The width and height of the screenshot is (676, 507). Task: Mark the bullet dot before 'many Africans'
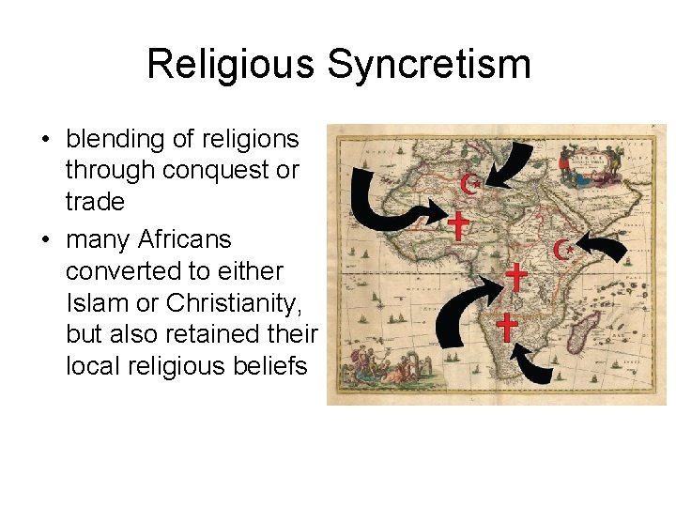tap(44, 240)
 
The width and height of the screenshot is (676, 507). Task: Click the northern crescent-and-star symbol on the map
tap(471, 183)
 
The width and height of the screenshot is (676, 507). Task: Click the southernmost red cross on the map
tap(507, 327)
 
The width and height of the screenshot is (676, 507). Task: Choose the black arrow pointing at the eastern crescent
tap(610, 249)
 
